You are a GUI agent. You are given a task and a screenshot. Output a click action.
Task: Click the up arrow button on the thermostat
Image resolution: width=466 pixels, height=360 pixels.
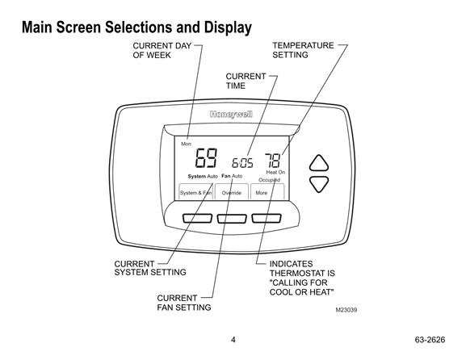[318, 164]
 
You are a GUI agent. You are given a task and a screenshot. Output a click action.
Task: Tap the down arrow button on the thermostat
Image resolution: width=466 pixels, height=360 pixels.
[318, 183]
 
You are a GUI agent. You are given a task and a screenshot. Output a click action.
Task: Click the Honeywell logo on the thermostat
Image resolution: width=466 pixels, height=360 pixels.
[231, 115]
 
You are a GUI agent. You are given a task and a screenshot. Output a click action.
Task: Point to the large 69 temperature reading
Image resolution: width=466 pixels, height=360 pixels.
[206, 157]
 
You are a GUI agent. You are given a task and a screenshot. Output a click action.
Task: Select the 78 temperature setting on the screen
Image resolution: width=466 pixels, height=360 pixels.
[273, 161]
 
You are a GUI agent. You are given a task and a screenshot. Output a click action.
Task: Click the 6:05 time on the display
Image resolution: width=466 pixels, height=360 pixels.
[242, 163]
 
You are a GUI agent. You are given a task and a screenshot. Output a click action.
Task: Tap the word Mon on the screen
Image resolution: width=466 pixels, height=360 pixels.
[186, 144]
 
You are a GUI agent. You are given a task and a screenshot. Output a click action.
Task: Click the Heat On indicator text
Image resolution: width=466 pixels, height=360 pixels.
[275, 172]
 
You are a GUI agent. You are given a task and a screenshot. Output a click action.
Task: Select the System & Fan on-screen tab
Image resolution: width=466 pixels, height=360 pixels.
[196, 192]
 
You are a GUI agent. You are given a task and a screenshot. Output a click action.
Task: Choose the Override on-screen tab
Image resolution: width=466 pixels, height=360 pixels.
[232, 192]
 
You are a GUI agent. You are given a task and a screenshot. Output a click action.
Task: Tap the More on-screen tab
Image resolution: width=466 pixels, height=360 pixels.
[267, 192]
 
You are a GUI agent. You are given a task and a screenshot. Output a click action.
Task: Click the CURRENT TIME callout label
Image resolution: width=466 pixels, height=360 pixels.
[246, 81]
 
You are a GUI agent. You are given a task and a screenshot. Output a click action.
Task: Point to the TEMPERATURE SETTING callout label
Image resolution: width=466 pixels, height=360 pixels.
[303, 50]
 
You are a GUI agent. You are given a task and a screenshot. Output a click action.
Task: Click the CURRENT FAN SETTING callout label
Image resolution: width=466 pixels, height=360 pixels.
[184, 303]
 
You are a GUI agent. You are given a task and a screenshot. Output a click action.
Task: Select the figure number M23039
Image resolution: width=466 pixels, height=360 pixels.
[346, 310]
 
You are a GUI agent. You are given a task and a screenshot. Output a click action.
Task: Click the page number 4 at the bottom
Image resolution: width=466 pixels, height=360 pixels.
[233, 340]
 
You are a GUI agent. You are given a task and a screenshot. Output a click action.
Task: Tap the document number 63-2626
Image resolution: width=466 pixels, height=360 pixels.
[430, 340]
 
